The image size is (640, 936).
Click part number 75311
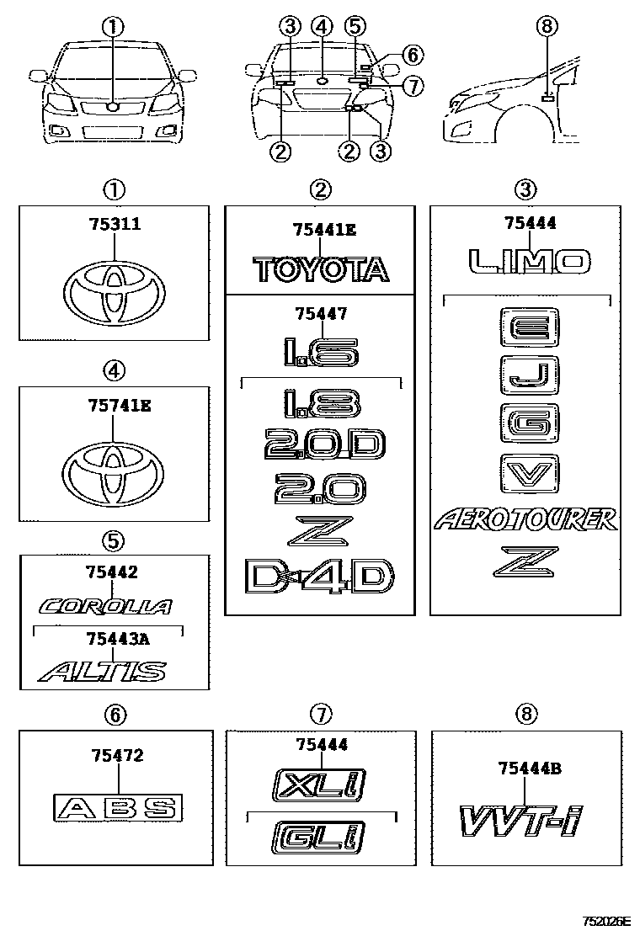tap(115, 224)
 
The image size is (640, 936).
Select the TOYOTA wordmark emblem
tap(321, 269)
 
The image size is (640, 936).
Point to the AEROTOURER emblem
tap(525, 520)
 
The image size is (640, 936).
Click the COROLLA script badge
tap(106, 607)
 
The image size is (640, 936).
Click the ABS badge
tap(118, 808)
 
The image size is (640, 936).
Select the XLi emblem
tap(318, 784)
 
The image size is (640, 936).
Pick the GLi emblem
tap(318, 837)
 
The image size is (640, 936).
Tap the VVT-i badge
tap(521, 821)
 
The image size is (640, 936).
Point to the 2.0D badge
tap(324, 444)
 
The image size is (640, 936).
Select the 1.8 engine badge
tap(321, 403)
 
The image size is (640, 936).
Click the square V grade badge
tap(530, 474)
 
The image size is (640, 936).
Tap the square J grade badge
tap(530, 375)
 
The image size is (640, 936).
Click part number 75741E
tap(120, 406)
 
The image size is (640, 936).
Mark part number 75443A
tap(118, 640)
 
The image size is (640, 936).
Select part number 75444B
tap(531, 768)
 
